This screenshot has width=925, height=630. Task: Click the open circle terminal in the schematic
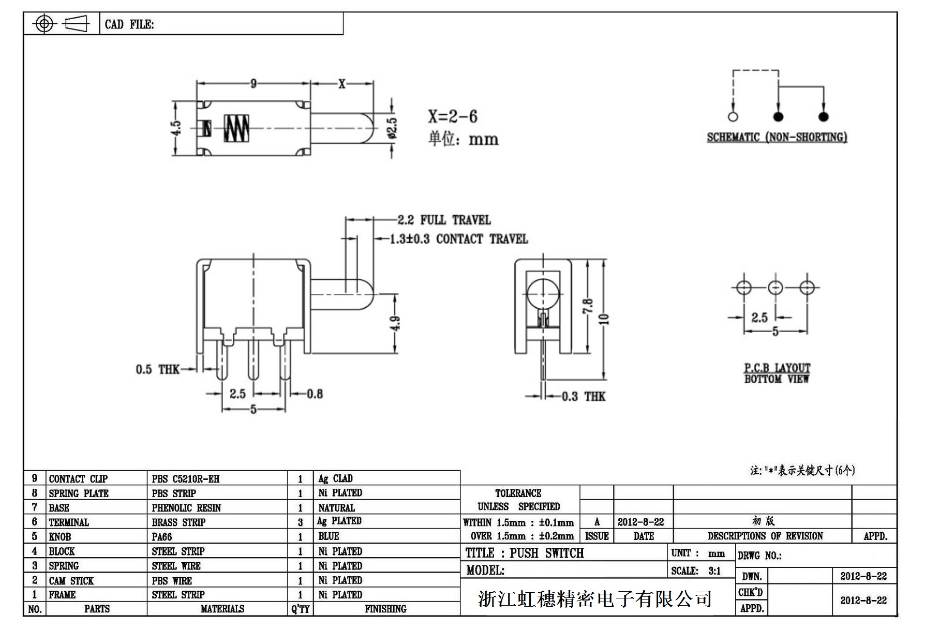(x=733, y=116)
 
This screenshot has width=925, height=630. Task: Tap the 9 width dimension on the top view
(x=253, y=83)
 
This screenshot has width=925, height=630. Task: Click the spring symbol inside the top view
(x=236, y=128)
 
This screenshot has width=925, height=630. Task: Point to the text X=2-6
(x=452, y=116)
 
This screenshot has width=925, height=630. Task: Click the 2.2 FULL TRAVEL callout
(x=444, y=220)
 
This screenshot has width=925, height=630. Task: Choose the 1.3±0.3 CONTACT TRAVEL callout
(x=458, y=239)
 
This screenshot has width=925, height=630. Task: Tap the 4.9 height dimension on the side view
(x=395, y=323)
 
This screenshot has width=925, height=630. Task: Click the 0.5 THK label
(x=157, y=369)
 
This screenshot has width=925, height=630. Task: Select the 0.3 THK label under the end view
(x=583, y=397)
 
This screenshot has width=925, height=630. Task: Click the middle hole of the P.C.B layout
(x=775, y=288)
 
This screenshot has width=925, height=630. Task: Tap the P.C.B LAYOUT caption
(x=777, y=368)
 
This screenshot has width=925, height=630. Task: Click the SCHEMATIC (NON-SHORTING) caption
(x=777, y=137)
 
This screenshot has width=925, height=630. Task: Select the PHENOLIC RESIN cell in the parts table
(x=186, y=508)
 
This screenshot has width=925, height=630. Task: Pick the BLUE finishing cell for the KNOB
(x=329, y=536)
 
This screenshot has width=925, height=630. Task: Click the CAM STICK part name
(x=71, y=580)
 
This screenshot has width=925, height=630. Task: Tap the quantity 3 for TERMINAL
(x=300, y=522)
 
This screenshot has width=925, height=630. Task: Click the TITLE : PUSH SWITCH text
(x=524, y=553)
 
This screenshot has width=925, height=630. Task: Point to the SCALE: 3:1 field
(x=696, y=571)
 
